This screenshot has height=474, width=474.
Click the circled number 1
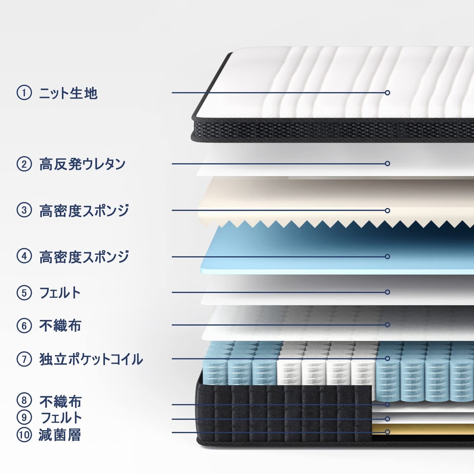pos(24,93)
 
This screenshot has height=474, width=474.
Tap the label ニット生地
pos(69,93)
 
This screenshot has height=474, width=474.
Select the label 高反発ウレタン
pos(83,164)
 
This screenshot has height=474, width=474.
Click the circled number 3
pos(24,210)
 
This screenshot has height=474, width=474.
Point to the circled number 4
pos(24,256)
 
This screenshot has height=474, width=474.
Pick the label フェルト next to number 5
pos(60,293)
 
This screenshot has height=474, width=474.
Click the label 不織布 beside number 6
pos(60,326)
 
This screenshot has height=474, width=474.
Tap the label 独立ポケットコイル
pos(91,359)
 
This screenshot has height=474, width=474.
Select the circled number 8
pos(24,400)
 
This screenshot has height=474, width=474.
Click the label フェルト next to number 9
pos(61,418)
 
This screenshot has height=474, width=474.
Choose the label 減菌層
pos(60,435)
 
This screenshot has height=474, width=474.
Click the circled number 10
pos(24,435)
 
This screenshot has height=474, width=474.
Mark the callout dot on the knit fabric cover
pos(387,93)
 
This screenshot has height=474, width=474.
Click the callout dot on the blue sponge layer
pos(387,256)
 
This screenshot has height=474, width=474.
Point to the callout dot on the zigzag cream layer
pos(387,210)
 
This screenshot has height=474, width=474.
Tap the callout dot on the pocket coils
pos(387,358)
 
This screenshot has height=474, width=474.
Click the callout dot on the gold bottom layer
pos(387,432)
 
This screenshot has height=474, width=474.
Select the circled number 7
pos(24,359)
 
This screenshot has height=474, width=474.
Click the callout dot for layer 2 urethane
pos(387,163)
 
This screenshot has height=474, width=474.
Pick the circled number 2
pos(24,164)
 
